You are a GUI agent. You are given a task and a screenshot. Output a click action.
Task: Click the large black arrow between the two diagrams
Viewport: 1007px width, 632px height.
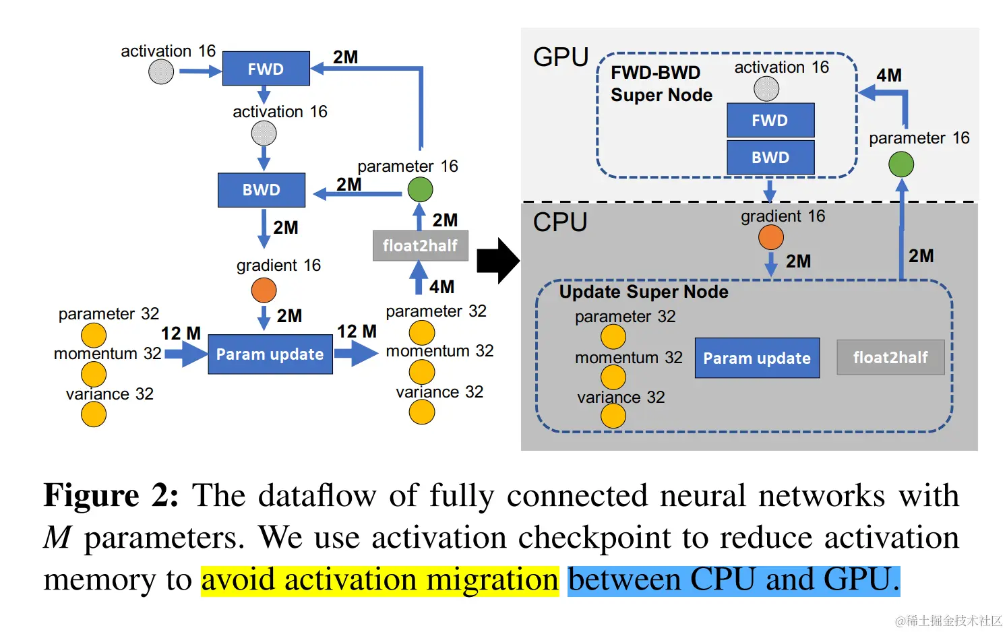coord(497,260)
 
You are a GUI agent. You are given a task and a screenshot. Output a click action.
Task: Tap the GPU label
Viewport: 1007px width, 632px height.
coord(561,57)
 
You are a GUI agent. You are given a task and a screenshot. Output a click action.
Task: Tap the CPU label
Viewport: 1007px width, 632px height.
coord(560,222)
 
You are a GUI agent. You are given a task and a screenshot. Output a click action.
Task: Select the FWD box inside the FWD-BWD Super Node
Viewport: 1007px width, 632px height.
coord(770,121)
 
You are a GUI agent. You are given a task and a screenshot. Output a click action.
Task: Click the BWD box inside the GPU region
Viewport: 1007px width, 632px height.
coord(770,158)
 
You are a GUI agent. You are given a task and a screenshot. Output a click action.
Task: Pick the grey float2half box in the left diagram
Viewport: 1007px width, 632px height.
coord(421,246)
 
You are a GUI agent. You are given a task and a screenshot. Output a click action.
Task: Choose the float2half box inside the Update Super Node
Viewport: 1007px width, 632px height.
coord(890,358)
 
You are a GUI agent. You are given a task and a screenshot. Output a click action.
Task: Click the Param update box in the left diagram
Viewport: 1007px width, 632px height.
coord(270,354)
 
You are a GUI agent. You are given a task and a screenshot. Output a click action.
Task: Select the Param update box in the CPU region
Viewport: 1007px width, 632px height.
coord(757,358)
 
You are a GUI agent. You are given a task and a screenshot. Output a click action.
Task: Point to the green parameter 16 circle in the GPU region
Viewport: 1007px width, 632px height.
coord(901,164)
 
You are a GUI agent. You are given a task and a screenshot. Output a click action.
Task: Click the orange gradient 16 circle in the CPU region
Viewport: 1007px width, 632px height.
coord(771,237)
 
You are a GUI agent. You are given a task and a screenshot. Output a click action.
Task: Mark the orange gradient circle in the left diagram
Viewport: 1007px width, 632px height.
coord(264,290)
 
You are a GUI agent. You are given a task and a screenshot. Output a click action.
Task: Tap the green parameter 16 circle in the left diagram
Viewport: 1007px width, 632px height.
coord(420,190)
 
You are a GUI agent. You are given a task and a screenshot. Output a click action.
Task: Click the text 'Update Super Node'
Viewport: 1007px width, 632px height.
coord(644,292)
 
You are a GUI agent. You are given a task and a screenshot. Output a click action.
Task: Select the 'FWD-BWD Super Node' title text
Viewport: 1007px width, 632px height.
coord(661,84)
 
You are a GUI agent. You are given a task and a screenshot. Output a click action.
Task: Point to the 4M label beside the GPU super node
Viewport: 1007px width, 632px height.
coord(888,75)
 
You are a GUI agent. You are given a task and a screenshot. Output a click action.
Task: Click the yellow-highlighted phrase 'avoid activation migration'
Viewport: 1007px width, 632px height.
coord(379,580)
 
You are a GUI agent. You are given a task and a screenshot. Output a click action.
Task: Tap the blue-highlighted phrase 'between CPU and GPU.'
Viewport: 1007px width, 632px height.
coord(733,580)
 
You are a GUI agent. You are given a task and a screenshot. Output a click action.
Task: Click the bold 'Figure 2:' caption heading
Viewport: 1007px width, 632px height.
coord(111,496)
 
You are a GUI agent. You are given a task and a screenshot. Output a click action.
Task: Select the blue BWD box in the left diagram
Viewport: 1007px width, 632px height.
coord(262,190)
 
